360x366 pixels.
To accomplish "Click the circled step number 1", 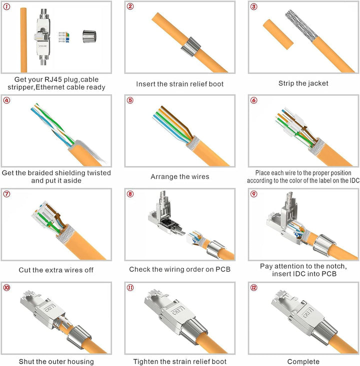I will click(6, 6).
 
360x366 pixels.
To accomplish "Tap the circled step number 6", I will click(253, 100).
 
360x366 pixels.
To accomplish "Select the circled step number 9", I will click(253, 193).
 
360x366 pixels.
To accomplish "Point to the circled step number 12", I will click(254, 287).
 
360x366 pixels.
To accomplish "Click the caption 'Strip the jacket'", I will click(303, 83).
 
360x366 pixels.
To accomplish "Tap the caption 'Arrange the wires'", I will click(180, 176).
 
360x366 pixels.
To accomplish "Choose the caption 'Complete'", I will click(303, 361).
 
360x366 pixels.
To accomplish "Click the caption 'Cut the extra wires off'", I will click(56, 269).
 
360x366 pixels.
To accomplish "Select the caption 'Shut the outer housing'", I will click(56, 361).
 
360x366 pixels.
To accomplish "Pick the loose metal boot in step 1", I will click(88, 36).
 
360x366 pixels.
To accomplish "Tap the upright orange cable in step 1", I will click(23, 40).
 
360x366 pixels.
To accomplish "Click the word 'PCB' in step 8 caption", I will click(222, 269).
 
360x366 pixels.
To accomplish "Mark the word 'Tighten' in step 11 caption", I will click(147, 361).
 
